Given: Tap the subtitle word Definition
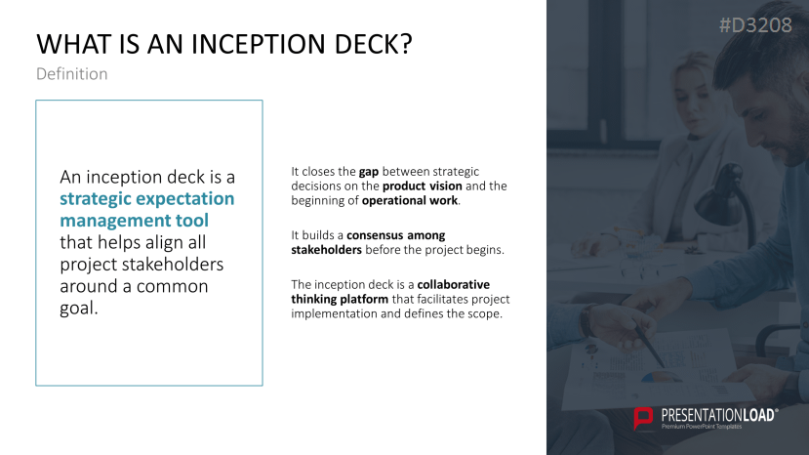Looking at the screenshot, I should [71, 74].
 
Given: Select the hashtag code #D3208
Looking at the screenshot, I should [755, 26].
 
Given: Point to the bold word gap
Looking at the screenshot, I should [369, 172].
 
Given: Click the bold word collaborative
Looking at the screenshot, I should [454, 284].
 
